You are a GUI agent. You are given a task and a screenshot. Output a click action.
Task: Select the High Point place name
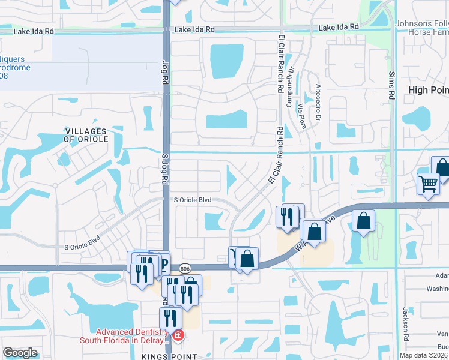(x=428, y=90)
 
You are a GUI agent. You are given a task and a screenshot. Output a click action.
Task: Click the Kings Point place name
(x=169, y=356)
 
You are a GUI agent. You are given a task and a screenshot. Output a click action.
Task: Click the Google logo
(x=20, y=353)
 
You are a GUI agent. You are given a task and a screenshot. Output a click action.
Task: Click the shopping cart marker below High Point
(x=428, y=184)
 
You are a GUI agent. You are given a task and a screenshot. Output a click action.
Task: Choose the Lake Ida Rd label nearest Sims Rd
(x=339, y=28)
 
